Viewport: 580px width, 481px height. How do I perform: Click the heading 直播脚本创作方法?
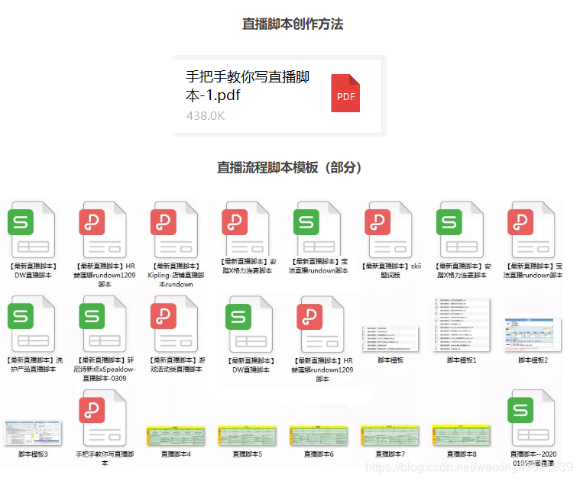pos(293,24)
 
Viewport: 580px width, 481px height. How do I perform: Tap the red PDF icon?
pos(345,93)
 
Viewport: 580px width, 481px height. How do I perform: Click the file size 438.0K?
pos(206,116)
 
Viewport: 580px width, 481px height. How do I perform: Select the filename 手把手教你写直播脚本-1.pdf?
pos(248,86)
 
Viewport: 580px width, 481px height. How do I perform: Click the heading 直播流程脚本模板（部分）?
pos(290,167)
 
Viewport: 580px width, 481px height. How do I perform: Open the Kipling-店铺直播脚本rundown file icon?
pos(175,228)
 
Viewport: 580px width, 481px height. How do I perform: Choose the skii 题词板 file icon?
pos(390,228)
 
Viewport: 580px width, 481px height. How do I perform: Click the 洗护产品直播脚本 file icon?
pos(32,321)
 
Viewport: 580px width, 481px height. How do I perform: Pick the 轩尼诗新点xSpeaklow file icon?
pos(102,321)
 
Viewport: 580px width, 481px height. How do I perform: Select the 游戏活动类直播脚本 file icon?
pos(175,321)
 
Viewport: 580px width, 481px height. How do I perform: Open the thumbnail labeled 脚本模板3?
pos(32,434)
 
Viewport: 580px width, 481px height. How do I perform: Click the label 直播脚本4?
pos(176,454)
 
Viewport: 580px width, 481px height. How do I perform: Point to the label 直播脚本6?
pos(319,454)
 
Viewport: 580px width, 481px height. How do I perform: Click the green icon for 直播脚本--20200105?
pos(533,416)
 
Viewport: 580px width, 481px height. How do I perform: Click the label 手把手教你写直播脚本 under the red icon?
pos(104,458)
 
